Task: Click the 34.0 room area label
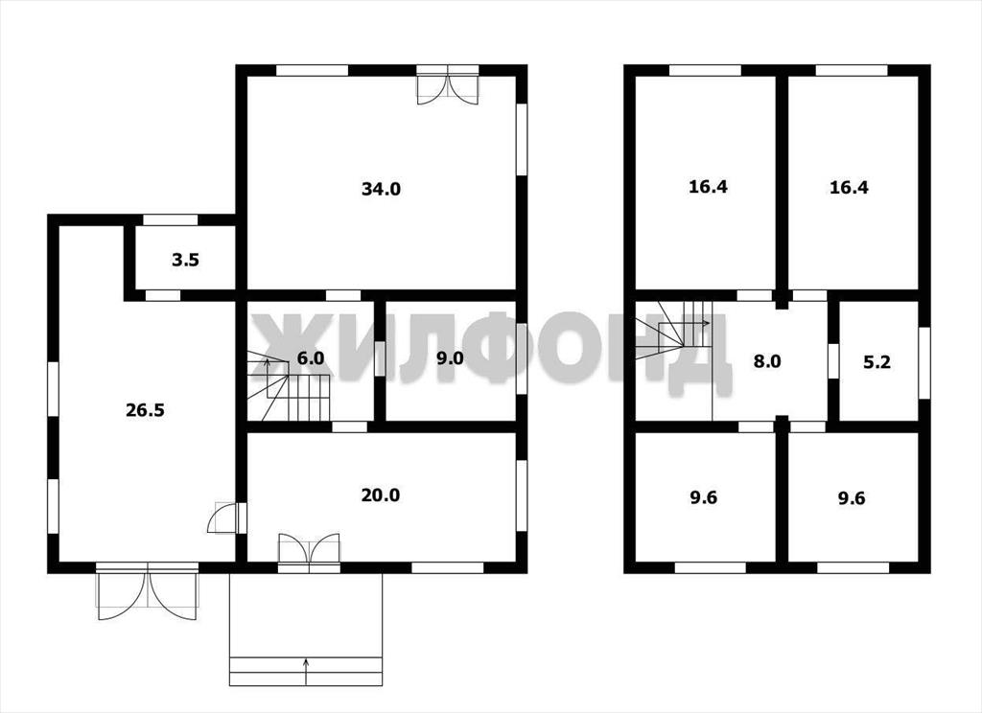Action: [x=381, y=189]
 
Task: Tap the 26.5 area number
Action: [x=146, y=411]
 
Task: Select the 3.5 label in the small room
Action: [x=185, y=260]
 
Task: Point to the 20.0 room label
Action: [x=380, y=495]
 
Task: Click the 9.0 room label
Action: [x=451, y=358]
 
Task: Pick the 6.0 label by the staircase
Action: [x=311, y=358]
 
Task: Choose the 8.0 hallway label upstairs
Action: [x=766, y=362]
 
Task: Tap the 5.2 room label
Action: [x=877, y=362]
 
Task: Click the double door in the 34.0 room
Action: [x=448, y=85]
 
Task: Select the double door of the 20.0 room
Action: [x=310, y=551]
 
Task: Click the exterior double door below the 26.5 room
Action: [x=147, y=590]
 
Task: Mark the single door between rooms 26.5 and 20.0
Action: [x=226, y=517]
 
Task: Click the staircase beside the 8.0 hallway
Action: [x=674, y=331]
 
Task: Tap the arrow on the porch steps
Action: [x=306, y=672]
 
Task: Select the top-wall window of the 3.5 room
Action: [x=171, y=219]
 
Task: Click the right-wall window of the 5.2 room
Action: [x=924, y=362]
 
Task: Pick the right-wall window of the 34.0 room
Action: [x=521, y=139]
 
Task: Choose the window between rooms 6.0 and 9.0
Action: [x=380, y=358]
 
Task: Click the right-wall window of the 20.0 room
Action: [x=521, y=495]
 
